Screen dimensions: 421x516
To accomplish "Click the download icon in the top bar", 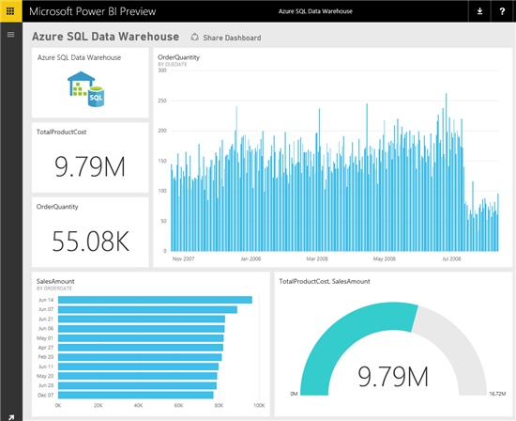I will click(480, 11).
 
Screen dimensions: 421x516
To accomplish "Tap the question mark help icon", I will click(502, 11).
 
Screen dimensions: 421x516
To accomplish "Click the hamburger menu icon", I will click(10, 34).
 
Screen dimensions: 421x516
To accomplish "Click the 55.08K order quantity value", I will click(89, 242).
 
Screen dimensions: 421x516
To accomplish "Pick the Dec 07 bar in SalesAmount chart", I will click(137, 396).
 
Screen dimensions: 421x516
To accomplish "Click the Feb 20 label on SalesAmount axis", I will click(45, 357).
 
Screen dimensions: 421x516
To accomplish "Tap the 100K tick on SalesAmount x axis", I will click(259, 406).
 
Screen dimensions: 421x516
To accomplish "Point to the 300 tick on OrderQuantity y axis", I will click(162, 70).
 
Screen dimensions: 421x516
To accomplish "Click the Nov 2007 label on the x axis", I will click(184, 258).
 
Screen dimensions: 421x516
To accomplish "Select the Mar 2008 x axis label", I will click(316, 258).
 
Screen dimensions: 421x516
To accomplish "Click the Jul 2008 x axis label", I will click(450, 258).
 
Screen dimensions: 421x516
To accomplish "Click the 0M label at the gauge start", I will click(294, 394).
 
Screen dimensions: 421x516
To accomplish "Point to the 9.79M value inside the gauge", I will click(393, 376).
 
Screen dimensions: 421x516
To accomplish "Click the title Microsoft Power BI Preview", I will click(92, 11).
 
